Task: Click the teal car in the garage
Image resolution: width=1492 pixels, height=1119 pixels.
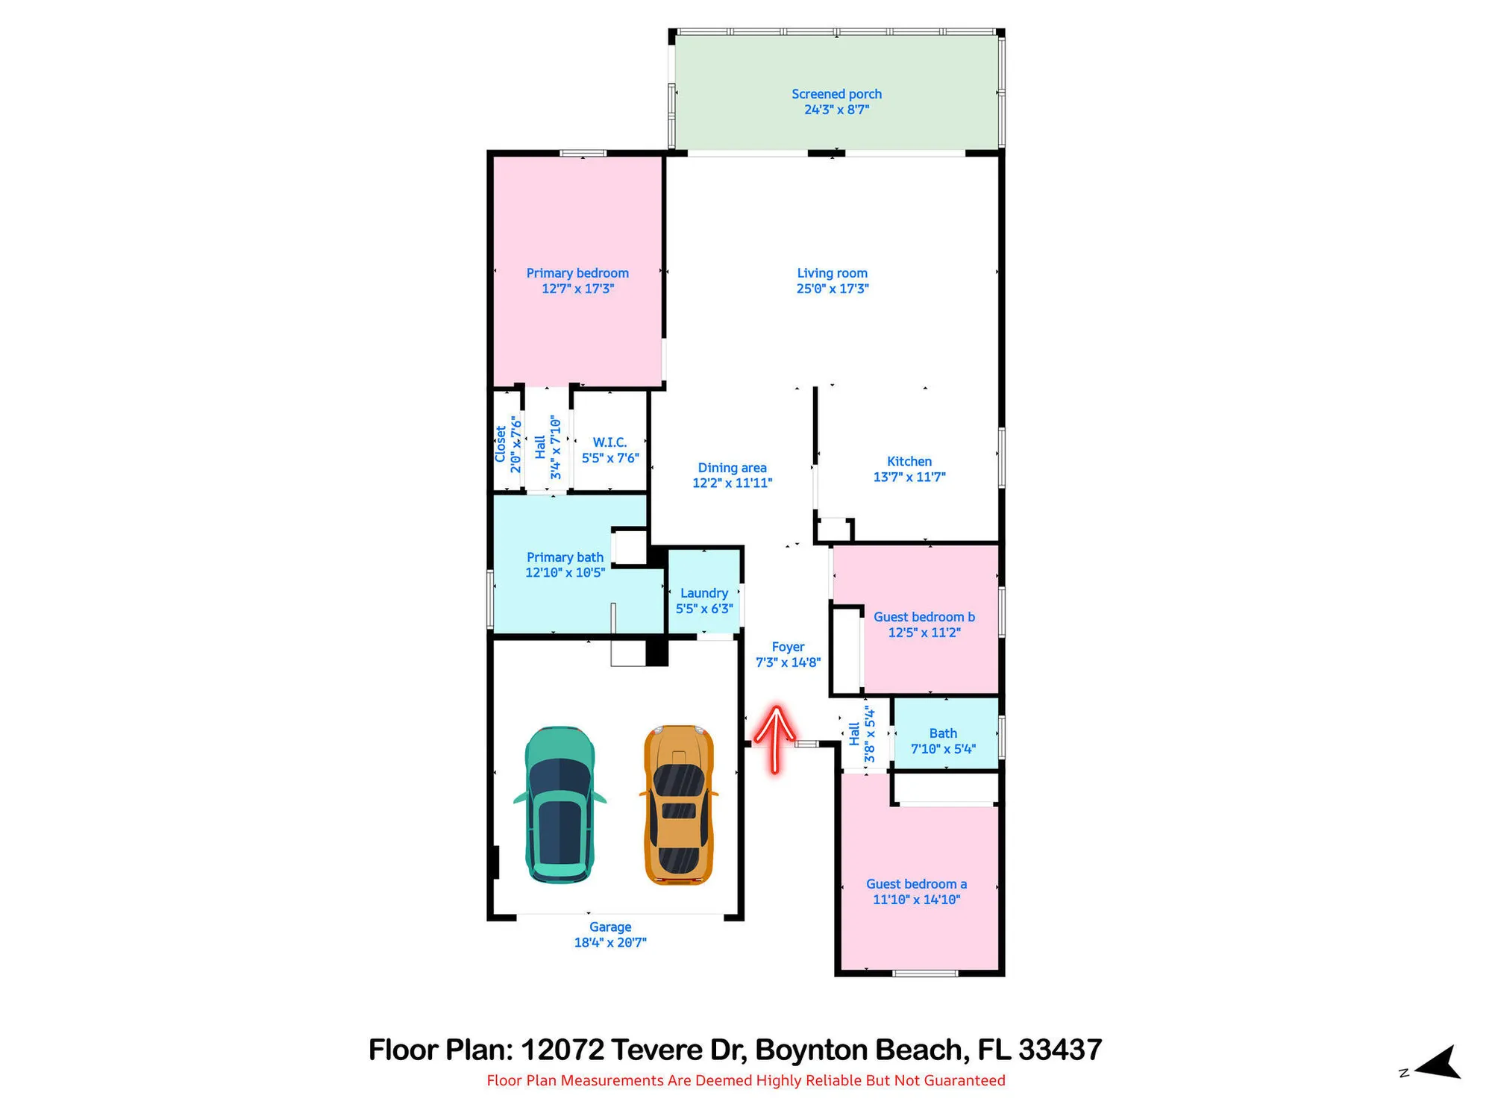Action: click(x=559, y=804)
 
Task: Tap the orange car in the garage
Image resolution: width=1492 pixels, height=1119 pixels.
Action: click(x=679, y=804)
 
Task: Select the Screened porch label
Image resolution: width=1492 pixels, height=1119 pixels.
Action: click(x=836, y=95)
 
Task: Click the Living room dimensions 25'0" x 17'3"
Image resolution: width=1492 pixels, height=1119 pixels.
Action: click(x=832, y=289)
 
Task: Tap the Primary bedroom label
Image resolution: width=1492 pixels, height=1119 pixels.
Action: click(x=577, y=274)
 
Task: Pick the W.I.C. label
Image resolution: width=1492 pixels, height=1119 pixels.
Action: click(x=609, y=443)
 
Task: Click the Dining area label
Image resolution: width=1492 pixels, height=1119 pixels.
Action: click(x=732, y=468)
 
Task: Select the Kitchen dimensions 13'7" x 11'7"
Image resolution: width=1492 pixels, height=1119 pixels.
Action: click(x=909, y=477)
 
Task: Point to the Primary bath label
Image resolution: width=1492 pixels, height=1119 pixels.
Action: click(x=565, y=558)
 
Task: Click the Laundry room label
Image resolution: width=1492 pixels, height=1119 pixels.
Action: click(x=704, y=593)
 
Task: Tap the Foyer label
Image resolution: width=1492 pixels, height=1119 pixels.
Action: click(x=788, y=648)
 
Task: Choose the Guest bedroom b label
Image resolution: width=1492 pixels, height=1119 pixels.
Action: click(x=924, y=618)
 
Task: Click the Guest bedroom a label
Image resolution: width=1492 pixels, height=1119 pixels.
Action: click(x=916, y=885)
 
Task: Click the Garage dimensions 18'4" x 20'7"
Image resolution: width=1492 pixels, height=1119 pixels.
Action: click(x=610, y=943)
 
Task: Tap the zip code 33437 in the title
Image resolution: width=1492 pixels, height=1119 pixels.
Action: click(x=1060, y=1050)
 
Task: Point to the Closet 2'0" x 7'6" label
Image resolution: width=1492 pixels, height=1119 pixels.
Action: click(x=507, y=445)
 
